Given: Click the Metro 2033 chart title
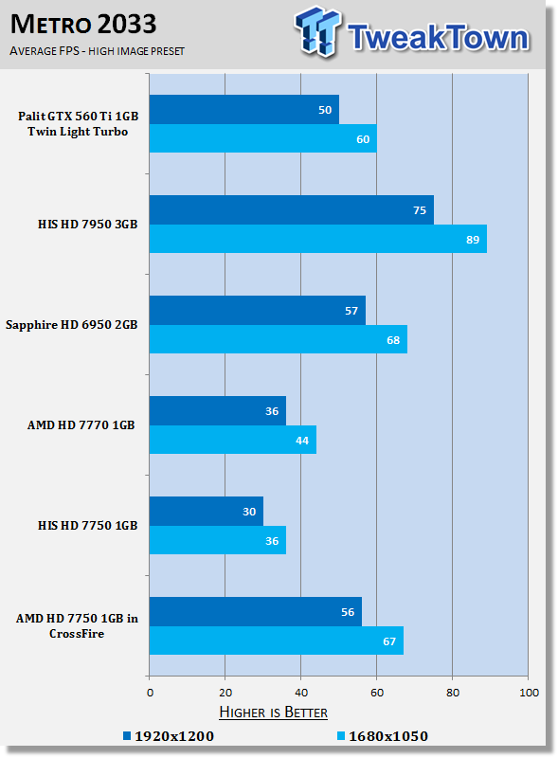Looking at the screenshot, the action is click(83, 25).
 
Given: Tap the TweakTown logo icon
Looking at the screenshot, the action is click(317, 31).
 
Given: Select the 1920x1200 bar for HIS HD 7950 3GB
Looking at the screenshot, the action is click(292, 209).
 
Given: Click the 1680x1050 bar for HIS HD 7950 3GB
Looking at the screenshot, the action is click(318, 239).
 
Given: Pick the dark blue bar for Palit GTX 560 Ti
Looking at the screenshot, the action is click(244, 110).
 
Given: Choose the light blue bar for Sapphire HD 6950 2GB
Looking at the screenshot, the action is click(278, 339).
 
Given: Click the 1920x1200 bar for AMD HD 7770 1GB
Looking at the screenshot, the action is click(218, 411).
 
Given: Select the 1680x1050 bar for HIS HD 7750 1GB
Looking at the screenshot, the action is click(218, 540).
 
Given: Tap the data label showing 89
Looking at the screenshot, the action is click(473, 240).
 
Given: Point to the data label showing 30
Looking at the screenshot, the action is click(249, 512).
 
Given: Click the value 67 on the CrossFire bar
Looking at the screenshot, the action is click(389, 641).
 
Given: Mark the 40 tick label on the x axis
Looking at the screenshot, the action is click(300, 693).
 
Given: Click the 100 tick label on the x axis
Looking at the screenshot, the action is click(529, 693).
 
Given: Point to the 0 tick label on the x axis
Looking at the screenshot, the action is click(150, 693).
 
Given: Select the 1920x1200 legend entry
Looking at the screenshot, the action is click(169, 736).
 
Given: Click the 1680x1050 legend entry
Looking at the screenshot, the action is click(383, 736).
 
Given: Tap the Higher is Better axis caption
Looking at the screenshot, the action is click(273, 713).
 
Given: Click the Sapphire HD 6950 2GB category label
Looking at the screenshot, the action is click(72, 324).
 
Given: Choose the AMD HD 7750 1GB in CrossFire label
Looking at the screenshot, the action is click(77, 625).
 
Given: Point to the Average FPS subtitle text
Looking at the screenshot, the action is click(98, 51).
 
